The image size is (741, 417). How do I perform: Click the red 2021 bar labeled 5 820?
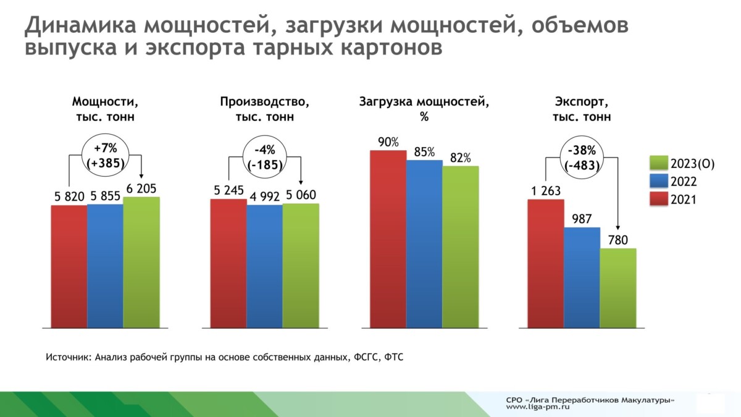69,266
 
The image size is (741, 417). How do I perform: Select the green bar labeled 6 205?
141,262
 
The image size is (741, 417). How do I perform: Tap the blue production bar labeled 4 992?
264,266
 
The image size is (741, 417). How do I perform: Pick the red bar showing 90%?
388,238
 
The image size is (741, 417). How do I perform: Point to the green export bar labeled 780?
618,288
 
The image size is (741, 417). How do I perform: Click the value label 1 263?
546,191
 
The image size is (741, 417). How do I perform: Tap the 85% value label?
424,152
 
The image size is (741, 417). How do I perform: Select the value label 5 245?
228,191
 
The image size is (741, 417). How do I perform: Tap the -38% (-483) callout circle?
582,158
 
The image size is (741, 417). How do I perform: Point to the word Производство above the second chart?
264,102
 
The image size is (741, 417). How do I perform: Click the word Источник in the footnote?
69,357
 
